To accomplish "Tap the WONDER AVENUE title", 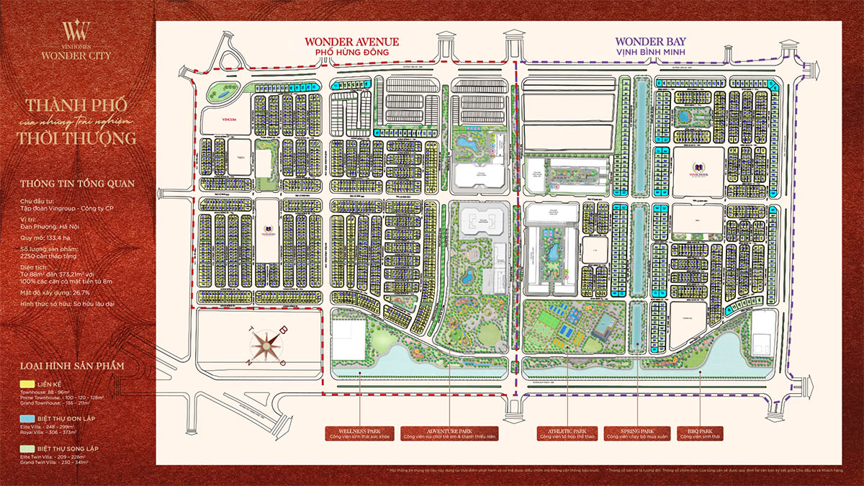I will (x=351, y=42).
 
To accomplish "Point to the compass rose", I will (x=271, y=344).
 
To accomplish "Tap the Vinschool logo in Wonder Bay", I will (x=698, y=171).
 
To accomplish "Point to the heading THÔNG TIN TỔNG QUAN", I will (x=77, y=183).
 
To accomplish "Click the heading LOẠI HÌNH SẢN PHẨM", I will (x=72, y=366).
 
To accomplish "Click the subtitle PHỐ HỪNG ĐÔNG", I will (x=351, y=53).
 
